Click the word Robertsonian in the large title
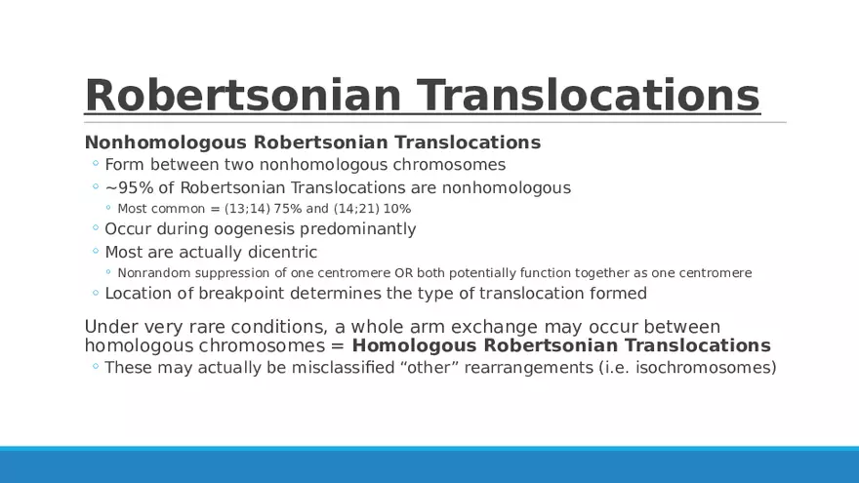point(243,96)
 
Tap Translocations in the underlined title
point(589,96)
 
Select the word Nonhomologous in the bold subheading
point(165,142)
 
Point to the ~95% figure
point(129,187)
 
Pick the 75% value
point(288,209)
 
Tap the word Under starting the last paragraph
point(107,327)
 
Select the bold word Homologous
point(415,345)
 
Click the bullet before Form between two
point(96,163)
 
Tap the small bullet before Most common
point(108,208)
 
